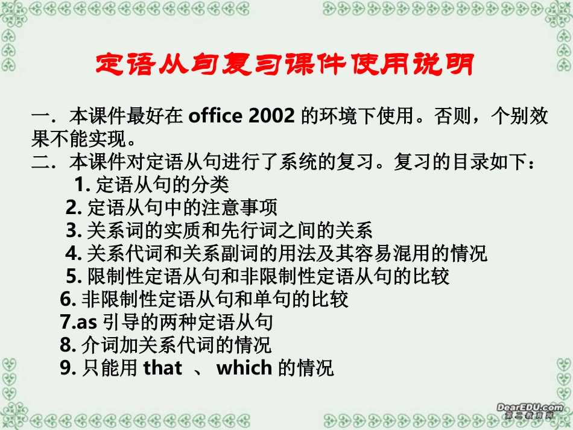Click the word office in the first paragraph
(215, 116)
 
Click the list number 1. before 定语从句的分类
(83, 184)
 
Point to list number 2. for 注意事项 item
(73, 207)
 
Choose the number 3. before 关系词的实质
(74, 230)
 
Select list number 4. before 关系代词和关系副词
(74, 253)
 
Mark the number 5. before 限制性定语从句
(74, 276)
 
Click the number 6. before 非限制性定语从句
(68, 299)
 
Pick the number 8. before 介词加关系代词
(68, 345)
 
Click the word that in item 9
(162, 368)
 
